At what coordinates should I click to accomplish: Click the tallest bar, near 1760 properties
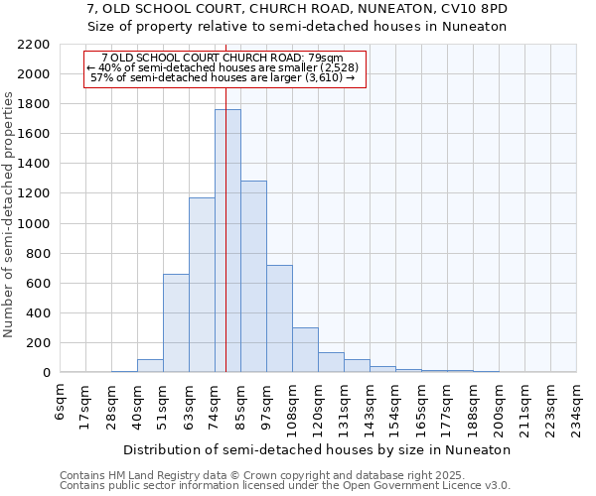227,241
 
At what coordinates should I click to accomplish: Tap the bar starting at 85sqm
253,277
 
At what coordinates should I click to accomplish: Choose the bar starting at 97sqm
279,318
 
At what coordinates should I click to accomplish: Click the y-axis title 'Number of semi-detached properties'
10,214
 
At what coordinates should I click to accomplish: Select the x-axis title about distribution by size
318,449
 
